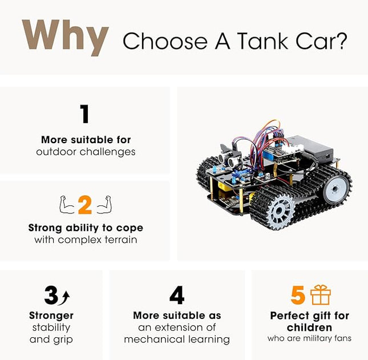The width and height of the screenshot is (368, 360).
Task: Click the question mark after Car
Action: [x=341, y=41]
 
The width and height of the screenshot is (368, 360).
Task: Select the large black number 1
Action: [x=85, y=114]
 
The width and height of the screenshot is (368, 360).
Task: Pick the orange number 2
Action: [x=85, y=205]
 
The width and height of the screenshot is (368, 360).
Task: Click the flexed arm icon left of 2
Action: [x=67, y=205]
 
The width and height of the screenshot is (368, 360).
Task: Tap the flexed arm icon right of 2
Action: [x=103, y=205]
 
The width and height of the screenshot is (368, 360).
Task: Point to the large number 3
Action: [x=51, y=295]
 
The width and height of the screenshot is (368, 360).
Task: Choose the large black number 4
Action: [x=177, y=295]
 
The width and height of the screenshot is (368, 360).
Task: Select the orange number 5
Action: [x=298, y=295]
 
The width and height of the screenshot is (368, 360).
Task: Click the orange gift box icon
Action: [x=321, y=295]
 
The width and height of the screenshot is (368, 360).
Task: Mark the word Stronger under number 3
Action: [x=51, y=315]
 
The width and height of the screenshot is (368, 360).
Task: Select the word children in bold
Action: [x=310, y=327]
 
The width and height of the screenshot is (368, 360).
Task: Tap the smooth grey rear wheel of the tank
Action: [x=335, y=190]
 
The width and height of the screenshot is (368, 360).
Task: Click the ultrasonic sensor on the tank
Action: [x=228, y=159]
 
